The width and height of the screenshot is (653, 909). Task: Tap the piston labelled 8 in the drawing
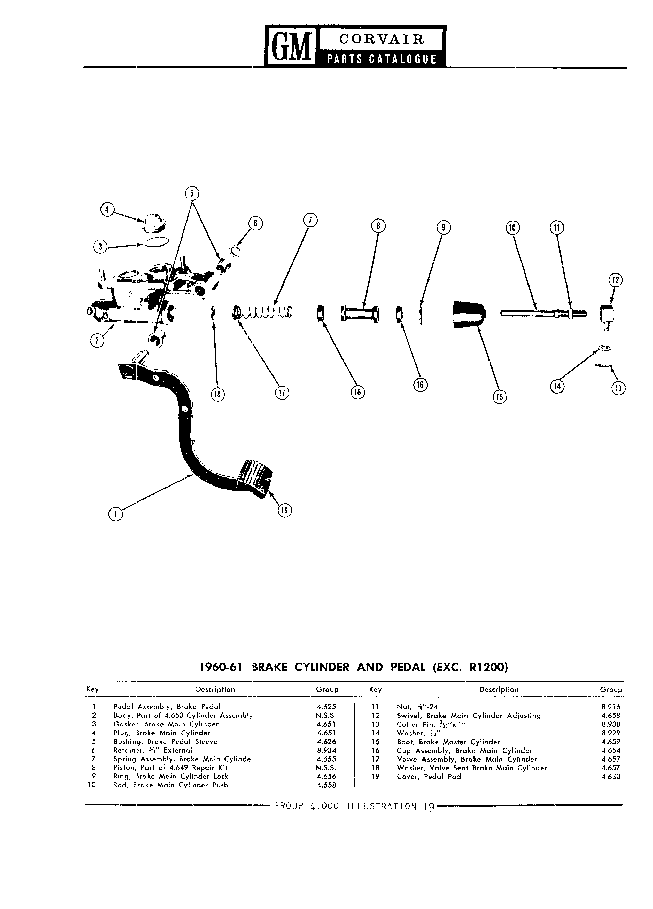point(360,314)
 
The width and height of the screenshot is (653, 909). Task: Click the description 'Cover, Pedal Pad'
point(429,777)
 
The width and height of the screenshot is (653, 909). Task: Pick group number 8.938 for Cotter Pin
point(611,725)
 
